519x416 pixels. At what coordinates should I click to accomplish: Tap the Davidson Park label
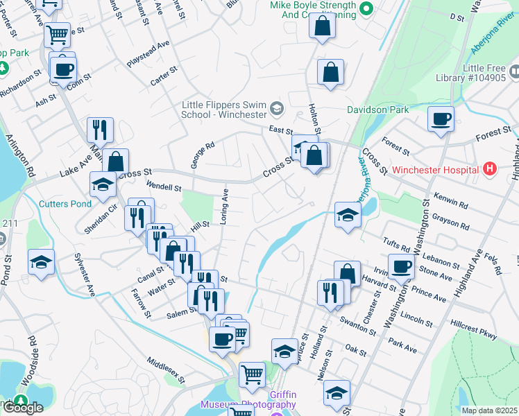pyautogui.click(x=380, y=110)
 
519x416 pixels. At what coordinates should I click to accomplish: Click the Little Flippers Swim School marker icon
pyautogui.click(x=277, y=107)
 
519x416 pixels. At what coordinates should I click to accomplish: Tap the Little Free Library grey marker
pyautogui.click(x=513, y=71)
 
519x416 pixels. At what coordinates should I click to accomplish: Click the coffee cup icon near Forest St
pyautogui.click(x=441, y=119)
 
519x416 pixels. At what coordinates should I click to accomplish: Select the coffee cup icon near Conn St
pyautogui.click(x=63, y=69)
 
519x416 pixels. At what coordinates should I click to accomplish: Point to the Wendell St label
pyautogui.click(x=163, y=187)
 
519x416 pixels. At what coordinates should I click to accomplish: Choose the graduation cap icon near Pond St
pyautogui.click(x=41, y=262)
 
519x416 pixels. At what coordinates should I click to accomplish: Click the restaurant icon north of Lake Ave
pyautogui.click(x=100, y=130)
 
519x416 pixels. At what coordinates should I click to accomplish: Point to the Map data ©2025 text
pyautogui.click(x=489, y=410)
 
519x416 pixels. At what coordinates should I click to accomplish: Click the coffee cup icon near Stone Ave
pyautogui.click(x=401, y=266)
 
